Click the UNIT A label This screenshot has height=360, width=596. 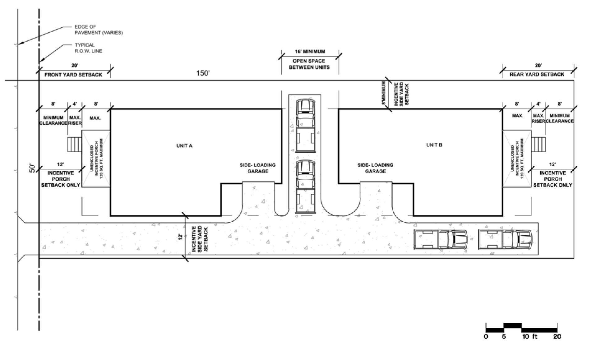(x=184, y=145)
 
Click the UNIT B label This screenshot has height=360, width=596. (x=434, y=145)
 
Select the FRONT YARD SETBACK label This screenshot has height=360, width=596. (x=73, y=75)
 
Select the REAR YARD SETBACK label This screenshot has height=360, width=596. (x=537, y=75)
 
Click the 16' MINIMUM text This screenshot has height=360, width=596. (x=310, y=51)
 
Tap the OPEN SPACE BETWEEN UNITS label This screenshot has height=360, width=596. (x=309, y=64)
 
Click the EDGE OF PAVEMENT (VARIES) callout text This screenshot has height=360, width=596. (x=99, y=30)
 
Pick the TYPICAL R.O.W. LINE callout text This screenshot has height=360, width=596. (x=89, y=48)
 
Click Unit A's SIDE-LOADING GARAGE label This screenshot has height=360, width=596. (x=258, y=168)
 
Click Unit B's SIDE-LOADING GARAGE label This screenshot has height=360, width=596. (x=375, y=168)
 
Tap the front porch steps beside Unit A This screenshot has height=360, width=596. (x=74, y=144)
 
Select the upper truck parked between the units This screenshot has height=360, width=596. (x=305, y=126)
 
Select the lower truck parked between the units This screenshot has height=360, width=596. (x=305, y=187)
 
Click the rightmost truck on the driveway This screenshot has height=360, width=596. (x=505, y=240)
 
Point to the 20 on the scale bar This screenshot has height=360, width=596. (x=557, y=336)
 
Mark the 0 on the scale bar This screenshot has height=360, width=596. (x=486, y=336)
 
